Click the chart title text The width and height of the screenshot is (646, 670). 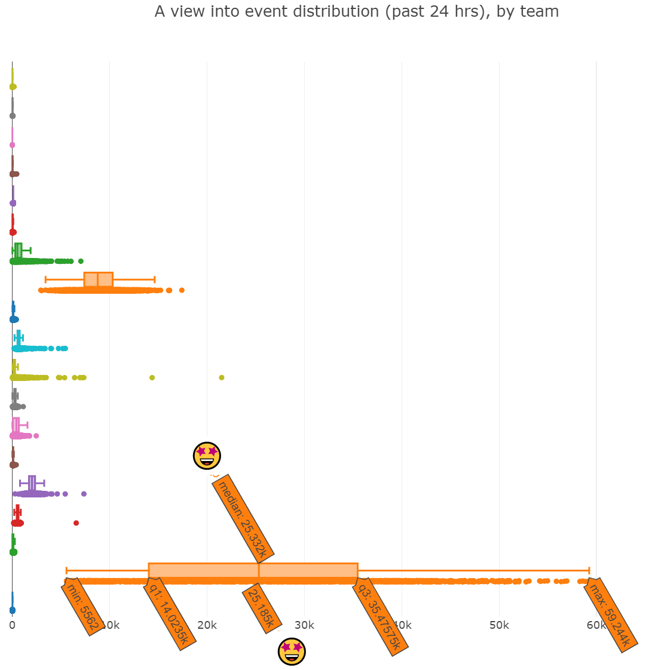point(357,11)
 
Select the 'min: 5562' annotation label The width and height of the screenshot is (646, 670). point(83,607)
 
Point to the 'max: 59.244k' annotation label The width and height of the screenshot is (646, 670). point(609,615)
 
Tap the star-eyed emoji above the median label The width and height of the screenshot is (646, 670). point(207,456)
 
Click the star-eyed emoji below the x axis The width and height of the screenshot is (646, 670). point(292,651)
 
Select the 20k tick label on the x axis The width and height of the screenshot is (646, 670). point(207,625)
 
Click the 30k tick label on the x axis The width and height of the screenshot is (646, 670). point(304,625)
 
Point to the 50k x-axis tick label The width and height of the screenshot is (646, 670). point(499,625)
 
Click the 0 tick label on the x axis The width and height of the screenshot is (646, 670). point(12,625)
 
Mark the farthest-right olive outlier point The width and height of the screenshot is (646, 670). point(222,377)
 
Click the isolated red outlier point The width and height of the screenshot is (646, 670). point(76,523)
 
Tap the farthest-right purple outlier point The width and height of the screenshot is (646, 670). point(84,494)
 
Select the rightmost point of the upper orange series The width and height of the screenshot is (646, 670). point(182,290)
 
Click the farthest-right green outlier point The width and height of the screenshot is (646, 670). point(81,261)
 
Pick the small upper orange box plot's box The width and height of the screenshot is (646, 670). point(99,279)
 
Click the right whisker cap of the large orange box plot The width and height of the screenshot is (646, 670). point(589,570)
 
